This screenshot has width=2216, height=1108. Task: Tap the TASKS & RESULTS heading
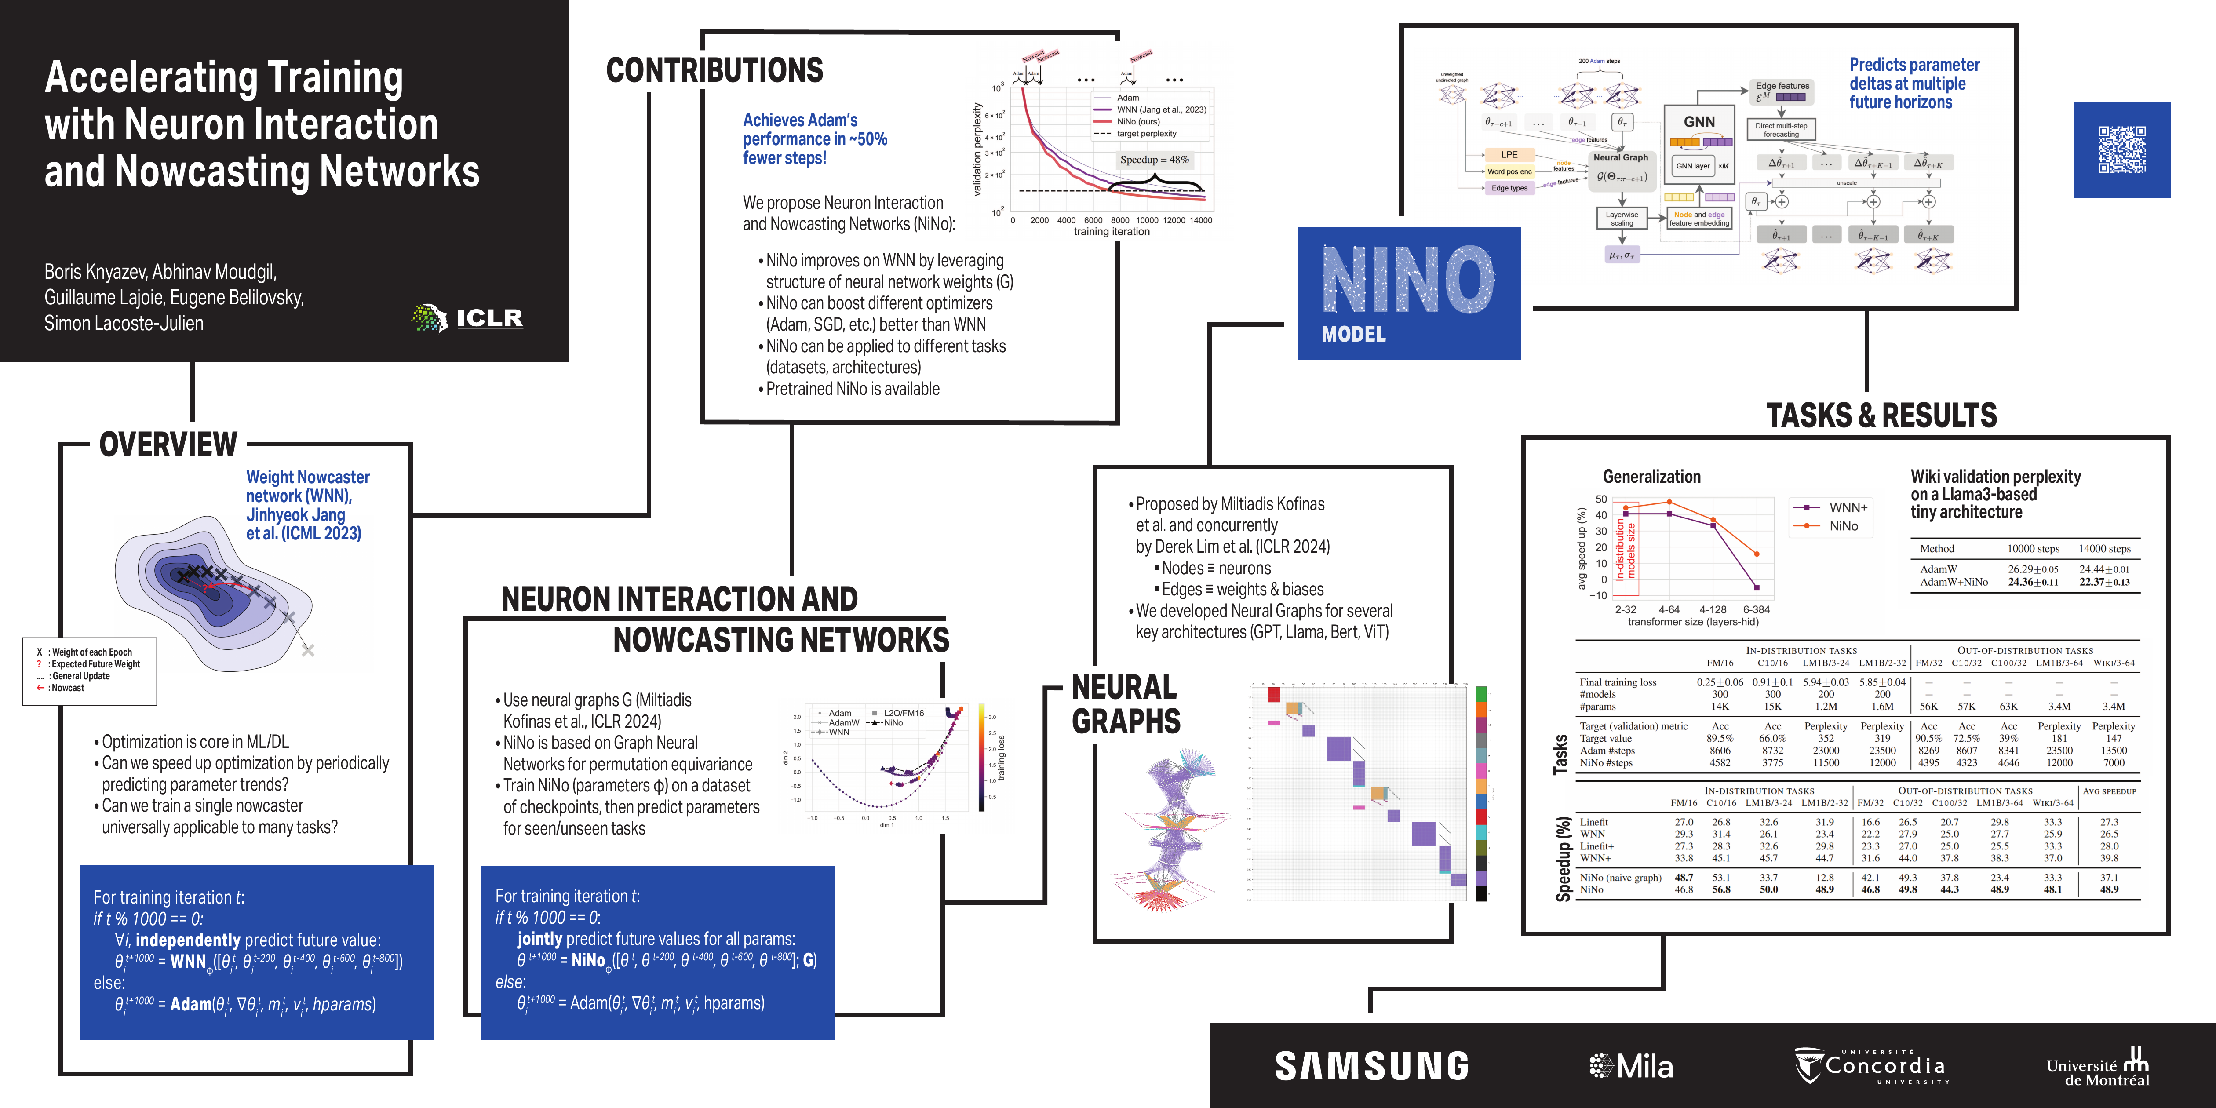pyautogui.click(x=1881, y=415)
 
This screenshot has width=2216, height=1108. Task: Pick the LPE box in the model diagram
pyautogui.click(x=1509, y=155)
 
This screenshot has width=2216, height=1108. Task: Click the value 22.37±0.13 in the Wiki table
pyautogui.click(x=2104, y=583)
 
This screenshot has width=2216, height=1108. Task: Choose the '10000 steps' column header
pyautogui.click(x=2033, y=549)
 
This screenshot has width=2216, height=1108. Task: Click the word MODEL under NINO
pyautogui.click(x=1353, y=335)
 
